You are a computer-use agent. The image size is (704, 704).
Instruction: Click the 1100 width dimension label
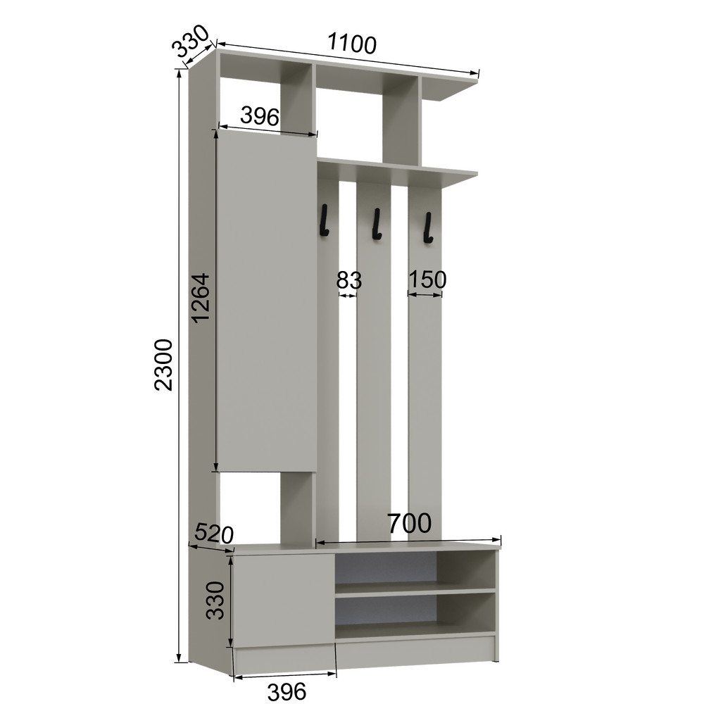[352, 43]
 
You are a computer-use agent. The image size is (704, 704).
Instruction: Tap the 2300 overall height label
[163, 365]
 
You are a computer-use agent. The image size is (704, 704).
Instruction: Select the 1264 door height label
[200, 298]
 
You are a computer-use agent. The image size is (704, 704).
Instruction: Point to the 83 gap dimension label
[349, 280]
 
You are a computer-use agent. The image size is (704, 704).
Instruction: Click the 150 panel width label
[427, 279]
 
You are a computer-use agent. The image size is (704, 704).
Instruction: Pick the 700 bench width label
[409, 523]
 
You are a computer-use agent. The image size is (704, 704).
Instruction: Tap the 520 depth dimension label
[214, 534]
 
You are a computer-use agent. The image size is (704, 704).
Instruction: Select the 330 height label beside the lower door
[215, 601]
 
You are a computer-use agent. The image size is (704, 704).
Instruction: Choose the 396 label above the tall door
[260, 116]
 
